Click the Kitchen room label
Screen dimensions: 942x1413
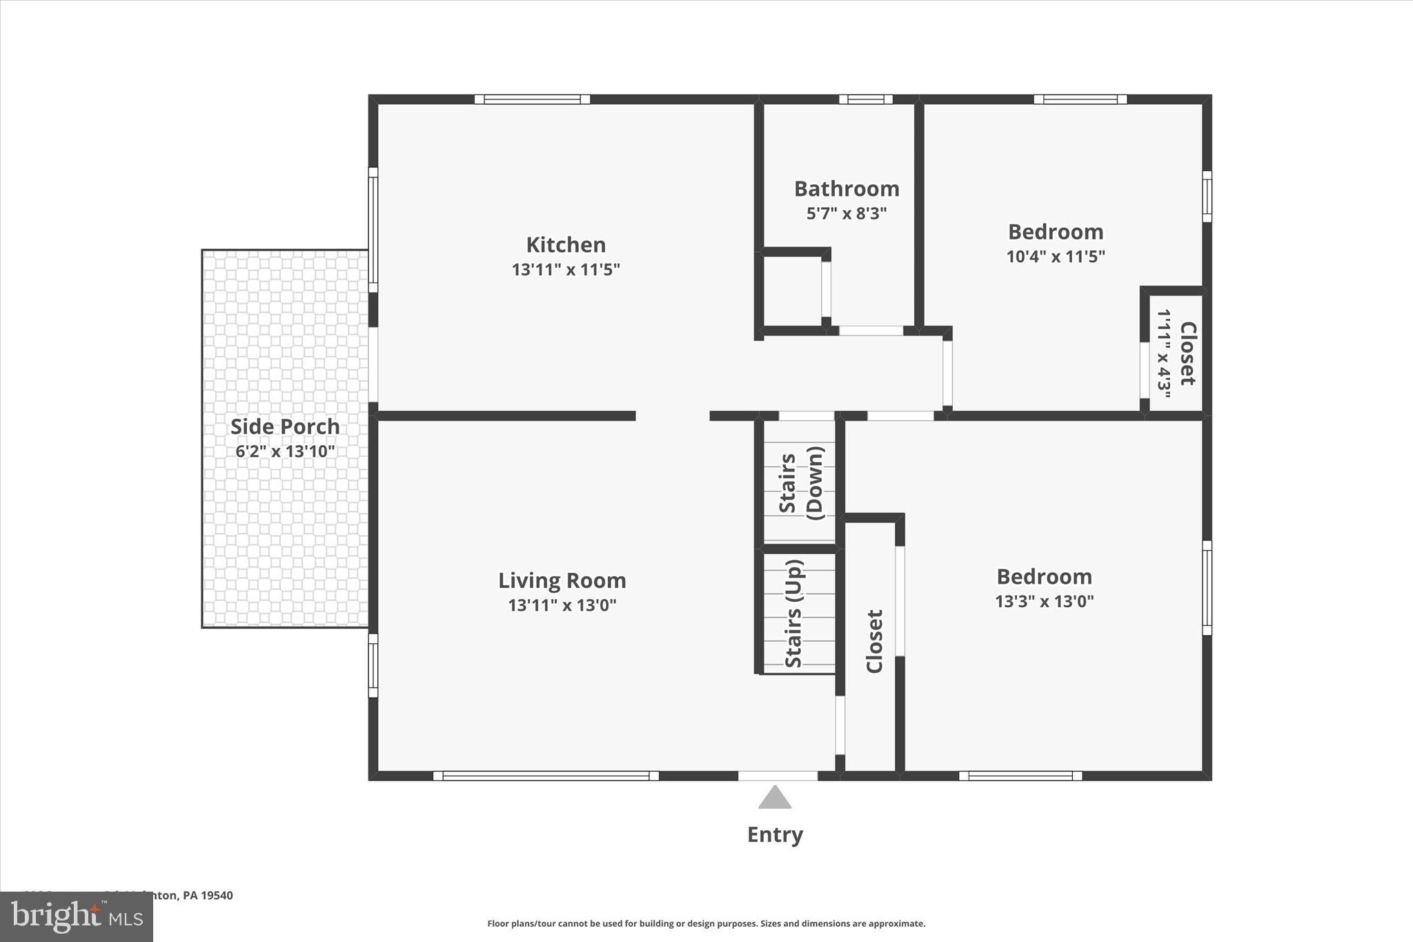[566, 245]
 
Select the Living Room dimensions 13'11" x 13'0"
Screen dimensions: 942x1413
[562, 605]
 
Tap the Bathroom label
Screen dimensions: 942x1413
[847, 188]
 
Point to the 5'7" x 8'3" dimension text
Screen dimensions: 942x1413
[847, 213]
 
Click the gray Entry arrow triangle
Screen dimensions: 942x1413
[775, 798]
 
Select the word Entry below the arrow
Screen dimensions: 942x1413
[775, 835]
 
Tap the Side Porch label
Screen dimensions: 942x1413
[285, 426]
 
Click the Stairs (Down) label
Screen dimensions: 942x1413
[800, 483]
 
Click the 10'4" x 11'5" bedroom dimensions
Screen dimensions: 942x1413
[1056, 257]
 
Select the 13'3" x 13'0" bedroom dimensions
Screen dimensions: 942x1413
[1045, 601]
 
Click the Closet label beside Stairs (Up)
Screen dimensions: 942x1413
[874, 641]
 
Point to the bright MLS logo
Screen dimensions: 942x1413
[77, 916]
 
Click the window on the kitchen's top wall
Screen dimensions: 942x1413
[532, 99]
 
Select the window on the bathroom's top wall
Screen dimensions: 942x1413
[865, 99]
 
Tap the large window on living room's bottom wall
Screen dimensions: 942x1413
[546, 776]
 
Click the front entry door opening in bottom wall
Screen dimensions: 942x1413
[778, 776]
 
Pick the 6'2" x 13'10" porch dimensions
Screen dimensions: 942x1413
[285, 452]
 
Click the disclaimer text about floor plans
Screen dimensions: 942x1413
[706, 923]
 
